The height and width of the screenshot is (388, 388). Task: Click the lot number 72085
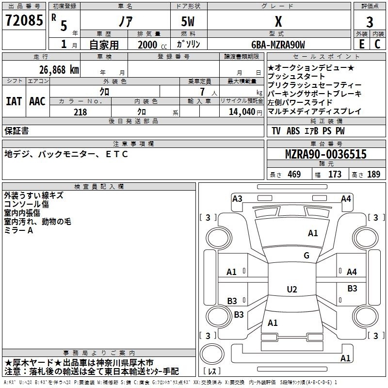click(24, 20)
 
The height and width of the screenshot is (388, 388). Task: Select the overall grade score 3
click(370, 22)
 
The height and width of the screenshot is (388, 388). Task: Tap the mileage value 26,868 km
click(59, 70)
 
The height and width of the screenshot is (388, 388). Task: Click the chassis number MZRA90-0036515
click(325, 154)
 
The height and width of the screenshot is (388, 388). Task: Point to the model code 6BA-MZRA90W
click(278, 45)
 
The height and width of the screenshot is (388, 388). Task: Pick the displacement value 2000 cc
click(152, 45)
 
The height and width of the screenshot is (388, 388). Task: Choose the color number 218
click(80, 112)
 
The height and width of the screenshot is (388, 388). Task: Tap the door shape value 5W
click(188, 21)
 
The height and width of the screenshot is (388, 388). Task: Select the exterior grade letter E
click(361, 44)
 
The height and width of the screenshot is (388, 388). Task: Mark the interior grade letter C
click(377, 44)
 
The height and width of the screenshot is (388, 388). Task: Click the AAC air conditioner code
click(37, 101)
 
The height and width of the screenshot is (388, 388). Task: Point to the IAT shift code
click(14, 101)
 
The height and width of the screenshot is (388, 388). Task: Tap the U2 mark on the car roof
click(292, 289)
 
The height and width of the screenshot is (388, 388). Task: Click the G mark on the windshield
click(307, 255)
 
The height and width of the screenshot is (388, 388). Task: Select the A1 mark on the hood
click(313, 233)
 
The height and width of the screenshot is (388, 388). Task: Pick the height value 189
click(373, 174)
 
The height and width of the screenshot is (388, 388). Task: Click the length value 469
click(294, 174)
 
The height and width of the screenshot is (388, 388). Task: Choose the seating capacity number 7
click(202, 92)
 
